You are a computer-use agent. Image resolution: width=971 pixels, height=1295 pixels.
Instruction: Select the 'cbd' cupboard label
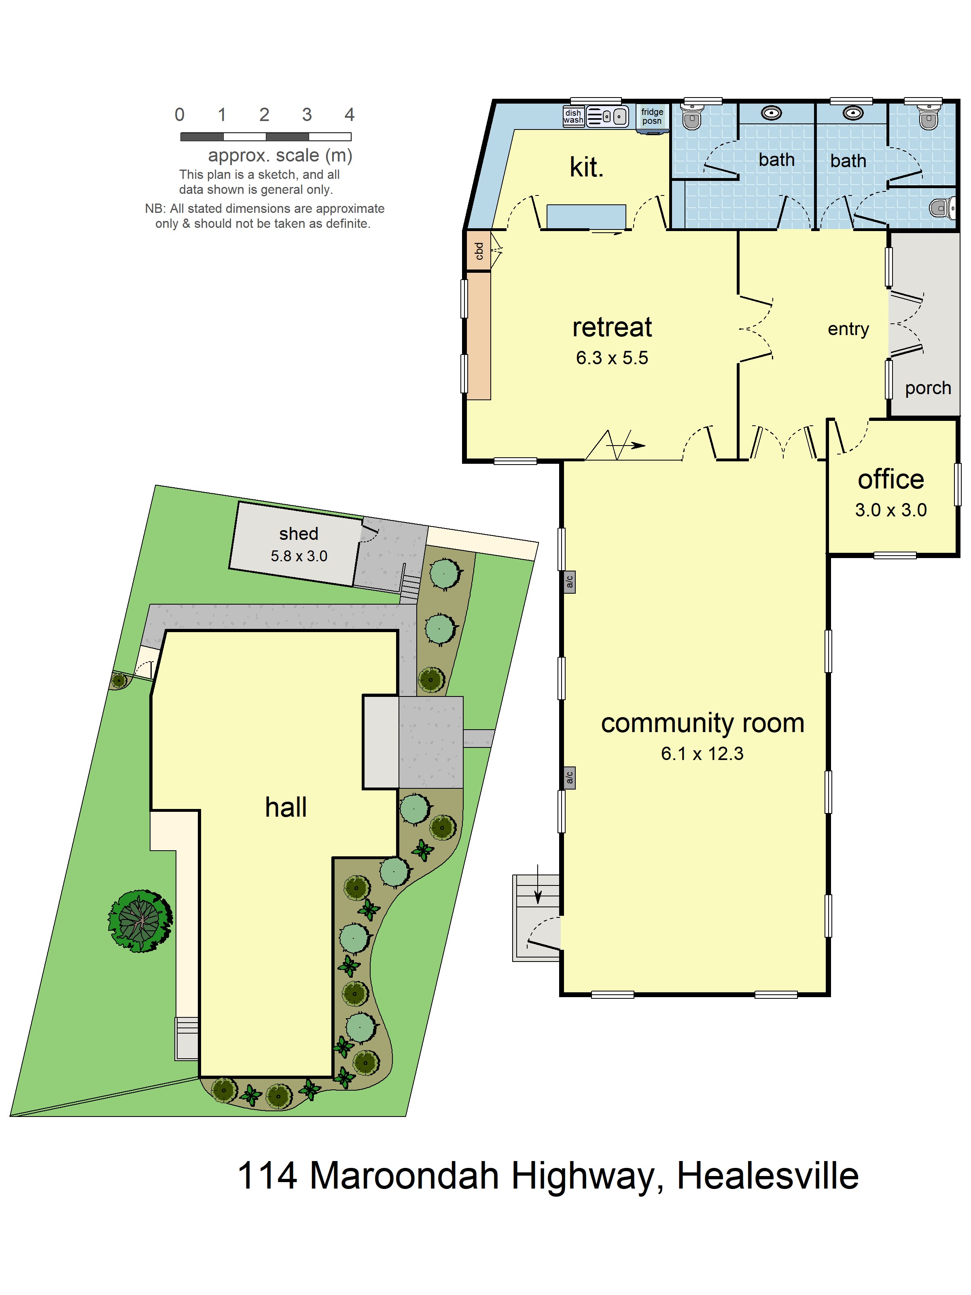pos(479,251)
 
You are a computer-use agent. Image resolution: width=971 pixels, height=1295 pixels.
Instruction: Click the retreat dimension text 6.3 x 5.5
pos(612,358)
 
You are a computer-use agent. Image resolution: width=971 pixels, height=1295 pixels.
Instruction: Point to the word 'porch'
pos(927,388)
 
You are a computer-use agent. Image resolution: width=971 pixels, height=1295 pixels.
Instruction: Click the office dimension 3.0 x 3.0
pos(890,510)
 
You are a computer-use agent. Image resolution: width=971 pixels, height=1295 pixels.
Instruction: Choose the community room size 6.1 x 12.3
pos(702,754)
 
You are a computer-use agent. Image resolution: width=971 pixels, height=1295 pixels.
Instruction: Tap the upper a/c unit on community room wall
pos(569,582)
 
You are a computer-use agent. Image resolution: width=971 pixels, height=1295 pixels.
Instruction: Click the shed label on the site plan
pos(299,534)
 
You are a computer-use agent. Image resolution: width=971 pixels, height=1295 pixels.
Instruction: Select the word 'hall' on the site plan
pos(286,807)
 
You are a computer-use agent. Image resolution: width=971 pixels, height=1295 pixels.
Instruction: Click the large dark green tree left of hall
pos(140,921)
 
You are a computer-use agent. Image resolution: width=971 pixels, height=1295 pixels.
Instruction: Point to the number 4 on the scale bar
pos(350,115)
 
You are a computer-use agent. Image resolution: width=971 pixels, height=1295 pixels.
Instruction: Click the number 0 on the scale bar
pos(180,115)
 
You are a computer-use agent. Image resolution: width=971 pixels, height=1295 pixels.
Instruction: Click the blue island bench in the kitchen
pos(586,216)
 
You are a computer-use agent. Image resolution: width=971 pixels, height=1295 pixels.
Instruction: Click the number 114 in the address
pos(267,1176)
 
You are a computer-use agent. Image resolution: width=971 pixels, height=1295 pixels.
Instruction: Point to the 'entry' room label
pos(848,329)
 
